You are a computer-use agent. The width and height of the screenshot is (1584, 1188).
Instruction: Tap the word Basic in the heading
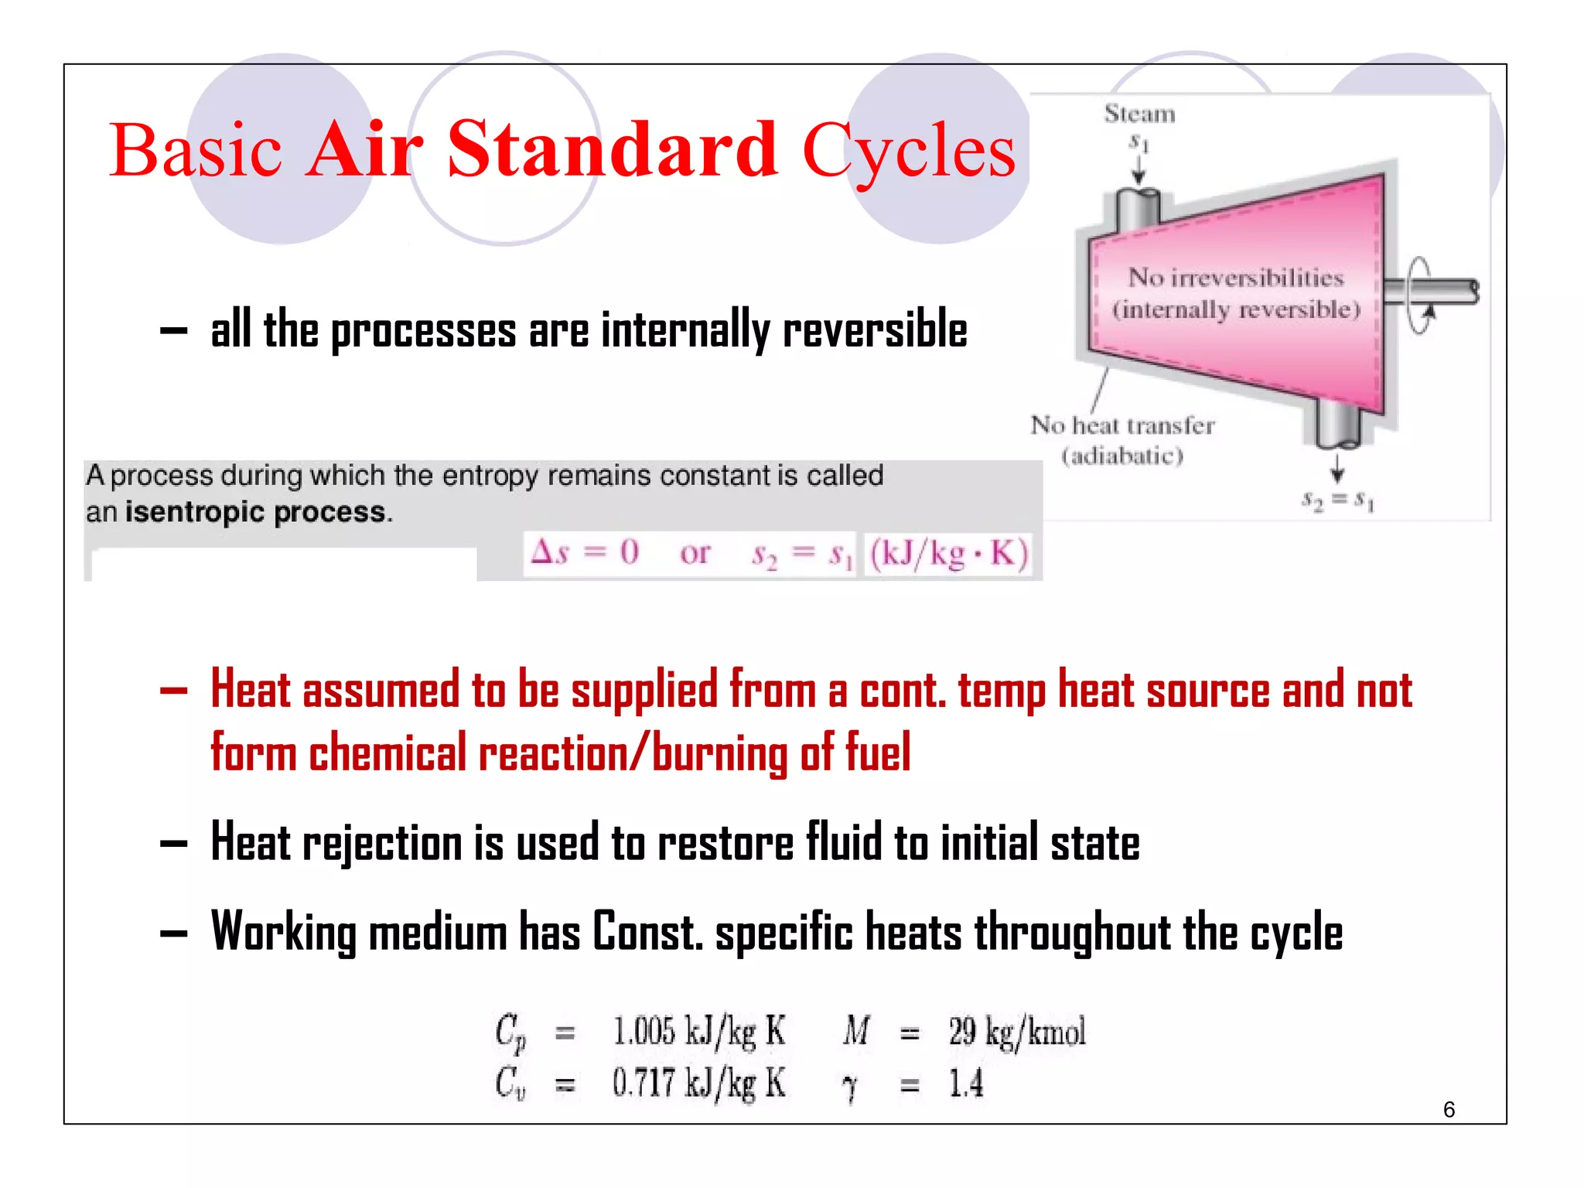(x=195, y=151)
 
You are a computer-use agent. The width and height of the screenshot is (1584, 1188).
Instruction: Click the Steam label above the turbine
(x=1139, y=114)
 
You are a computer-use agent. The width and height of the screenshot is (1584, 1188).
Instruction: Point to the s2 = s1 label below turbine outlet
(x=1337, y=500)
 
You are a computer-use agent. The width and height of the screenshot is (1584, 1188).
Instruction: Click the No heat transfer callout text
(x=1122, y=425)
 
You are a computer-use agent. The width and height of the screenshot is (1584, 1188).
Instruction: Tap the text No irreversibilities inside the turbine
(x=1235, y=277)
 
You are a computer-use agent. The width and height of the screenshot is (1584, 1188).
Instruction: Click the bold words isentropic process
(x=255, y=512)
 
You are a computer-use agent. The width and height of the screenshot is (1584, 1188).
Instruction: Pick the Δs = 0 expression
(x=585, y=552)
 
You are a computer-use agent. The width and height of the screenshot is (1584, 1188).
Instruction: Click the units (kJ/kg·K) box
(x=948, y=554)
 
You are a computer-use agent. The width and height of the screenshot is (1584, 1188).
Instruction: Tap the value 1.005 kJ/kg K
(x=698, y=1032)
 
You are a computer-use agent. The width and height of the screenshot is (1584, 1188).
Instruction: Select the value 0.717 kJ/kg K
(x=698, y=1083)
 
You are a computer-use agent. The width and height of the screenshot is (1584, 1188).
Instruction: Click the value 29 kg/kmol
(x=1017, y=1032)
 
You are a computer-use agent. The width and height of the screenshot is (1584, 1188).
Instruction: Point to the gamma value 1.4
(x=966, y=1084)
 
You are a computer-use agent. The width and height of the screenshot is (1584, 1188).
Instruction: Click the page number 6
(x=1449, y=1110)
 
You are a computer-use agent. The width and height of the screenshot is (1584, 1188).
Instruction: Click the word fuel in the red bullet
(x=877, y=752)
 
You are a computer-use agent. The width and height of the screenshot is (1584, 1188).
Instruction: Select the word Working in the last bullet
(x=283, y=932)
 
